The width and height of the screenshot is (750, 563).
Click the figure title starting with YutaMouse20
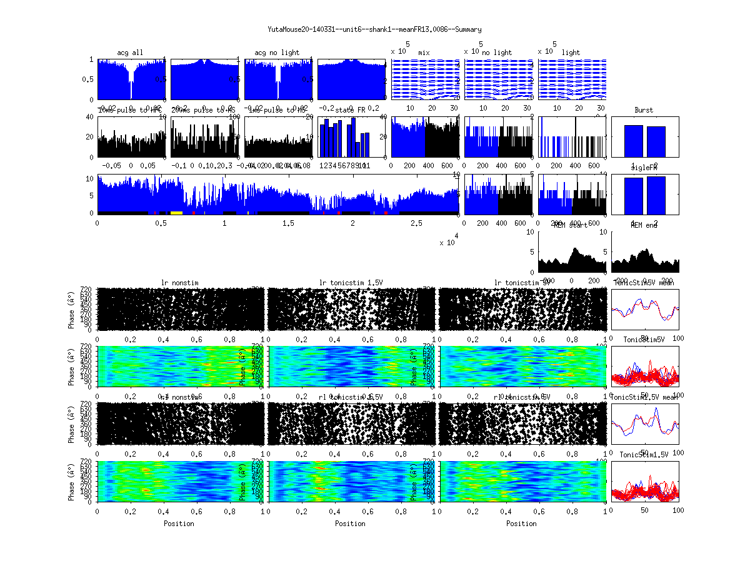tap(374, 29)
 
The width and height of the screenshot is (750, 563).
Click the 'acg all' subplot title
tap(130, 53)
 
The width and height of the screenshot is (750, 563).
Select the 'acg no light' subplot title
tap(277, 53)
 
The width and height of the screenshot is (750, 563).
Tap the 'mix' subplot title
tap(424, 53)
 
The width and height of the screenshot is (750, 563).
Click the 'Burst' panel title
tap(644, 110)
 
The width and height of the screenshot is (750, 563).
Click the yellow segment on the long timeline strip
tap(176, 213)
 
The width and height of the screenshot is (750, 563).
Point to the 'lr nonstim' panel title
tap(180, 283)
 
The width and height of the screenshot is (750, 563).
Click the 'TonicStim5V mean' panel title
tap(644, 283)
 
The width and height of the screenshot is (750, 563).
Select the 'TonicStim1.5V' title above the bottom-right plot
tap(644, 455)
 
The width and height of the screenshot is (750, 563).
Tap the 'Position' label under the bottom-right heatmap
tap(522, 524)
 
